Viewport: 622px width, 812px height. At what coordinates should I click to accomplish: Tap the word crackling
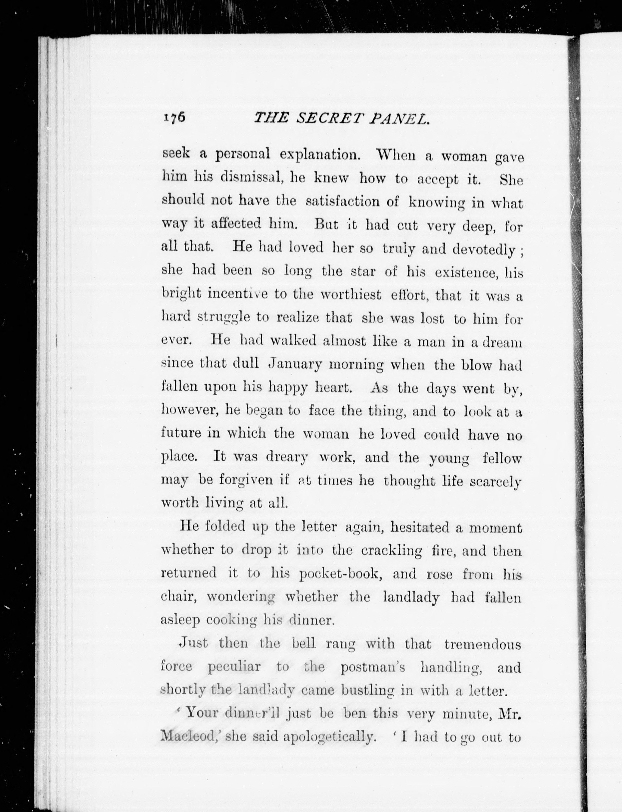pos(391,551)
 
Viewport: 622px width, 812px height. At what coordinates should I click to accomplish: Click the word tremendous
pos(483,644)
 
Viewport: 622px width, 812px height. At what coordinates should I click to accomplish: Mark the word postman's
pos(373,667)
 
